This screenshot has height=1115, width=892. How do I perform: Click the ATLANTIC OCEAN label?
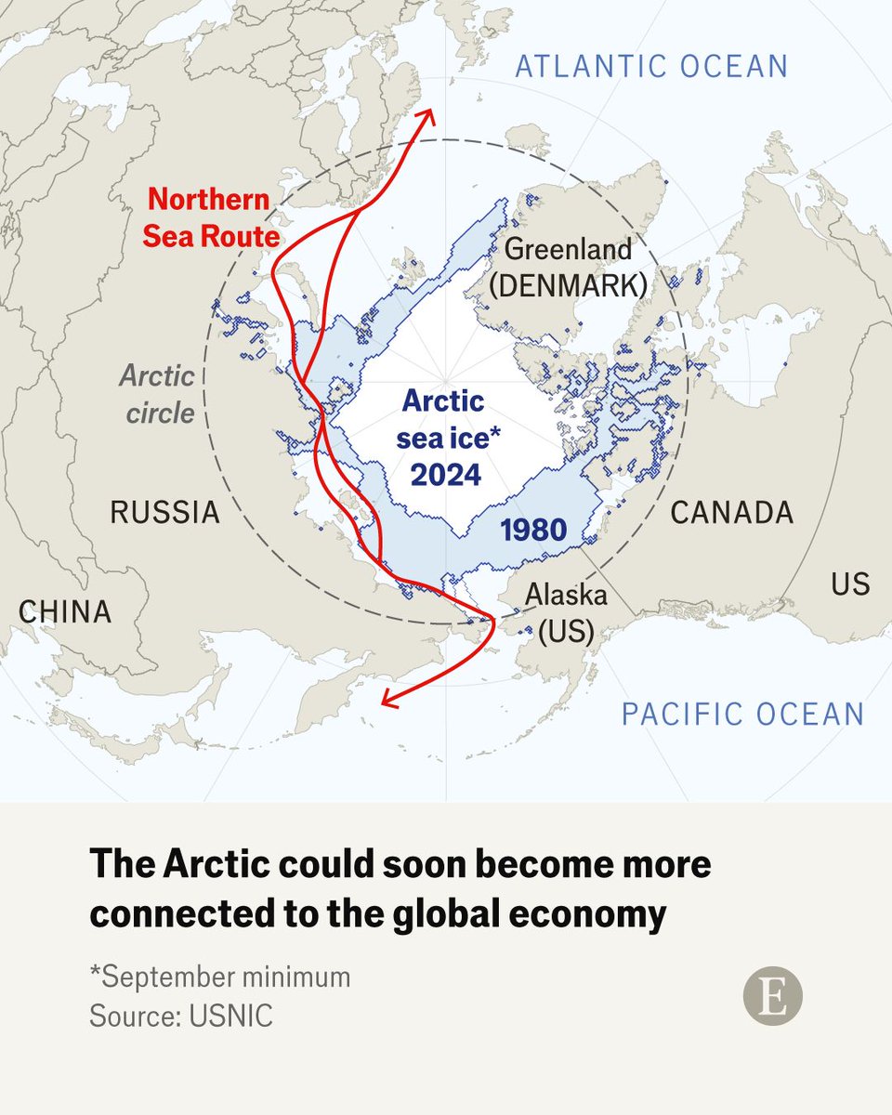tap(651, 66)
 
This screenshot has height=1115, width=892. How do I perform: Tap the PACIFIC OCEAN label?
tap(742, 714)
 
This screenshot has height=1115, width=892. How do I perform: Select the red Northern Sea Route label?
tap(211, 217)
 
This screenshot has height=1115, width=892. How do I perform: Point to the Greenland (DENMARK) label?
tap(568, 267)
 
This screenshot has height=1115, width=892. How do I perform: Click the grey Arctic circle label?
tap(159, 394)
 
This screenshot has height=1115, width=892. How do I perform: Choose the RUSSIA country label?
tap(165, 512)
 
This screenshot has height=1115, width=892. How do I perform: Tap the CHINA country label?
tap(65, 611)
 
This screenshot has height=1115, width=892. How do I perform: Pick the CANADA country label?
tap(732, 512)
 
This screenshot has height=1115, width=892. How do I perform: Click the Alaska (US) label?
tap(566, 612)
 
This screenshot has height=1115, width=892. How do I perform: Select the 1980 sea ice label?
tap(532, 530)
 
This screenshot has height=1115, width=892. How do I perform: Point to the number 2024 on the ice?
tap(446, 475)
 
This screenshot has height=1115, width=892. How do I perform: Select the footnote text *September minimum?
tap(219, 977)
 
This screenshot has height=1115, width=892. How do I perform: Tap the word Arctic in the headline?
tap(210, 865)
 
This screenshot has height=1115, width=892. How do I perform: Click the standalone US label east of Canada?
tap(850, 584)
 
